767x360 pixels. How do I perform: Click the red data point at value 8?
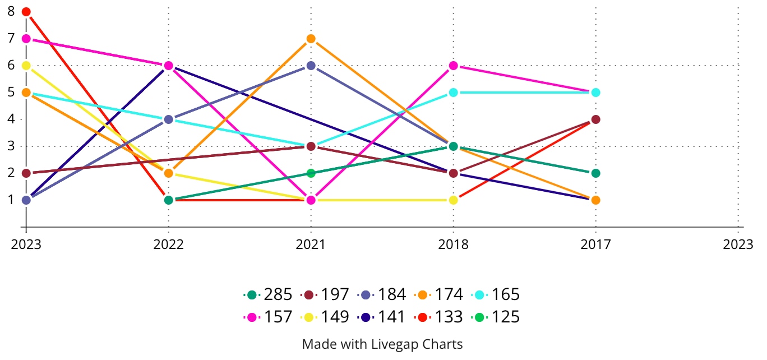click(x=26, y=12)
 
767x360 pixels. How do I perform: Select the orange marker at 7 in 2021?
click(x=311, y=39)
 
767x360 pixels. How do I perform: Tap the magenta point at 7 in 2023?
click(x=26, y=39)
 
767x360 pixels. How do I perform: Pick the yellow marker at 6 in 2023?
click(x=26, y=66)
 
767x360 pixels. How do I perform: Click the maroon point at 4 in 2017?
click(x=595, y=119)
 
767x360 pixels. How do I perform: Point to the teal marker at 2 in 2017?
click(x=595, y=173)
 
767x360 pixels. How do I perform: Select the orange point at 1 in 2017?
click(x=595, y=200)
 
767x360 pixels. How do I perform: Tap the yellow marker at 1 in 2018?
click(x=453, y=200)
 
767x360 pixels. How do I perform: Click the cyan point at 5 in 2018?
click(x=453, y=93)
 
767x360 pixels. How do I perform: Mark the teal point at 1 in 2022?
click(x=168, y=200)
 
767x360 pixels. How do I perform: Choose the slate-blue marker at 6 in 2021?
click(x=311, y=66)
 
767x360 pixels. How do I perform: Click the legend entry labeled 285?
click(x=269, y=294)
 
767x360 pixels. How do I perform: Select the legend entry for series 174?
click(x=439, y=294)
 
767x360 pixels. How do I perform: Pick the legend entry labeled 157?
click(x=269, y=317)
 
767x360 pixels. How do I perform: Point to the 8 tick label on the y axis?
click(x=11, y=11)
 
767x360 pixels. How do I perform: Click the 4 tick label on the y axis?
click(x=11, y=119)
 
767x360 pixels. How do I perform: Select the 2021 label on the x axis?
click(x=311, y=244)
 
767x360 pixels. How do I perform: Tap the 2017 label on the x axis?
click(x=595, y=244)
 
